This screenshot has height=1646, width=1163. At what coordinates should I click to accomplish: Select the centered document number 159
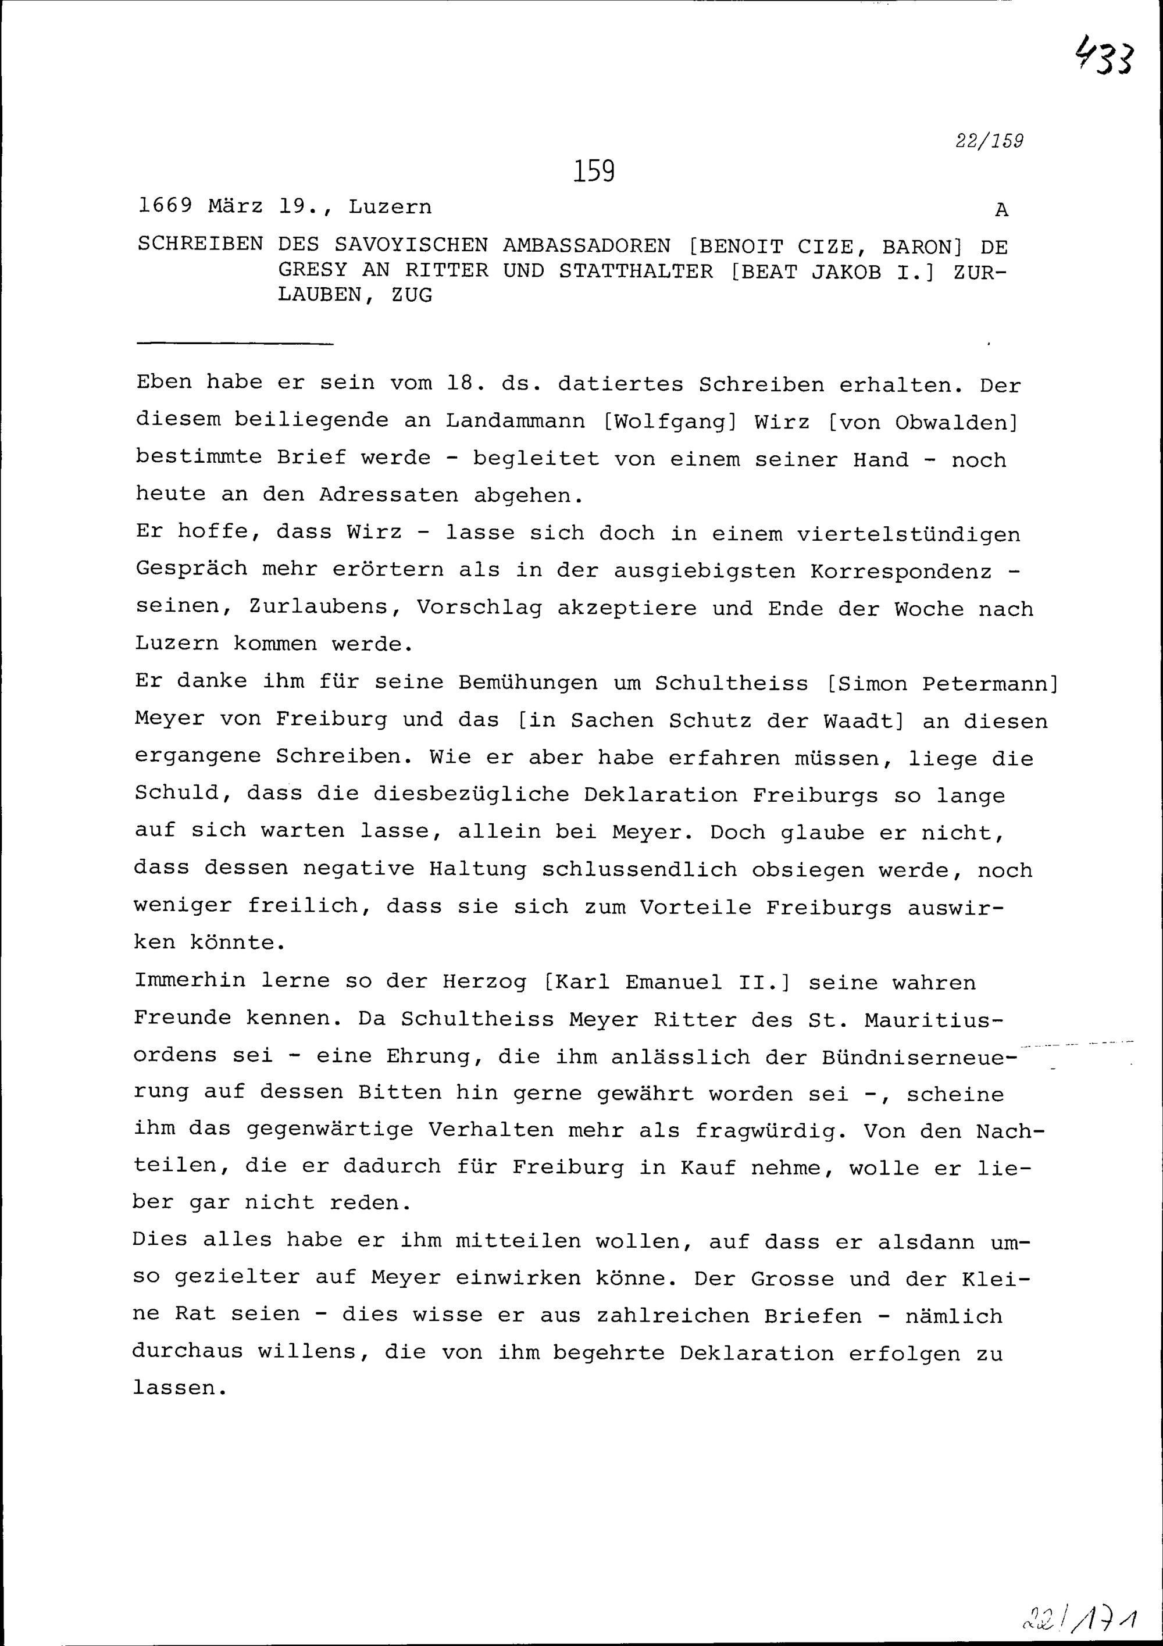(594, 172)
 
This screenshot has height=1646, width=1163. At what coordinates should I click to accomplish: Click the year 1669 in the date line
(165, 206)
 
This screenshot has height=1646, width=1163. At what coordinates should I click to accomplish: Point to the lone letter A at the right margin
(1002, 210)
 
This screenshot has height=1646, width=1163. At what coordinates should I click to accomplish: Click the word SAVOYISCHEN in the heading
(411, 246)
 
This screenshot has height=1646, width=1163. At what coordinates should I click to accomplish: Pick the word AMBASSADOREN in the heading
(587, 246)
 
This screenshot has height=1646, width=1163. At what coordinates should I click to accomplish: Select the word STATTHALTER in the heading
(636, 271)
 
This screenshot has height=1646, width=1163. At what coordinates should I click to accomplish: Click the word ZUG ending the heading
(412, 295)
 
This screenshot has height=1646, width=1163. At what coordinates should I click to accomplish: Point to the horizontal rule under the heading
(234, 344)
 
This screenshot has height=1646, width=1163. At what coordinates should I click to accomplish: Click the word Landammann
(516, 421)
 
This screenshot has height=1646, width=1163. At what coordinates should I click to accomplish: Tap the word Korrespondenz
(901, 572)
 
